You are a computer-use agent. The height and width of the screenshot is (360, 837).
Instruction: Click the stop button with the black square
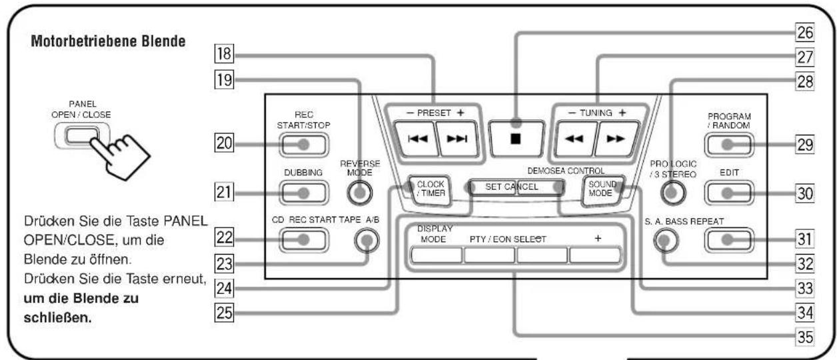(x=516, y=139)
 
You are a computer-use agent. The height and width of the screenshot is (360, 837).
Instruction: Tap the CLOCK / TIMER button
(x=430, y=190)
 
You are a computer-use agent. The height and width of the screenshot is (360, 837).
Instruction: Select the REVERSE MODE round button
(x=359, y=193)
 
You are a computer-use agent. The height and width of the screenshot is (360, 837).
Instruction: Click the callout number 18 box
(x=224, y=53)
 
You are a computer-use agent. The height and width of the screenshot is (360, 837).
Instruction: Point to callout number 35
(x=805, y=337)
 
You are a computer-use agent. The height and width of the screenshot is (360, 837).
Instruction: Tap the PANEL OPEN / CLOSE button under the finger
(x=82, y=135)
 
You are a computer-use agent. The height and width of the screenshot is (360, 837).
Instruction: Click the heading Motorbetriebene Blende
(x=108, y=41)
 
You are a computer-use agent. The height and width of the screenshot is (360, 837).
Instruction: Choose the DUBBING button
(x=304, y=193)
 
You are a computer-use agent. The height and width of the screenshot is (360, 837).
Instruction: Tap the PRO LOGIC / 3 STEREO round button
(x=673, y=193)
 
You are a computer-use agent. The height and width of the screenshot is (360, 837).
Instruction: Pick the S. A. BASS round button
(x=666, y=240)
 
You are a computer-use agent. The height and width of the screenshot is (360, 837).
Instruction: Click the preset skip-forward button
(x=457, y=139)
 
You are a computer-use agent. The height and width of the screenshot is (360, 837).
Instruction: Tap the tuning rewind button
(x=574, y=139)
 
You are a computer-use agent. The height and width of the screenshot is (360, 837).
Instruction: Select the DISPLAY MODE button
(x=436, y=255)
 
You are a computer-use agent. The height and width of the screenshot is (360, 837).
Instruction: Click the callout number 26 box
(x=805, y=33)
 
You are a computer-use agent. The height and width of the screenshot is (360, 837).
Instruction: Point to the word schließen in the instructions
(x=57, y=318)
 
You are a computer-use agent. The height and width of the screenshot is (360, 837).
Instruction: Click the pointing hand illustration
(x=119, y=156)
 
